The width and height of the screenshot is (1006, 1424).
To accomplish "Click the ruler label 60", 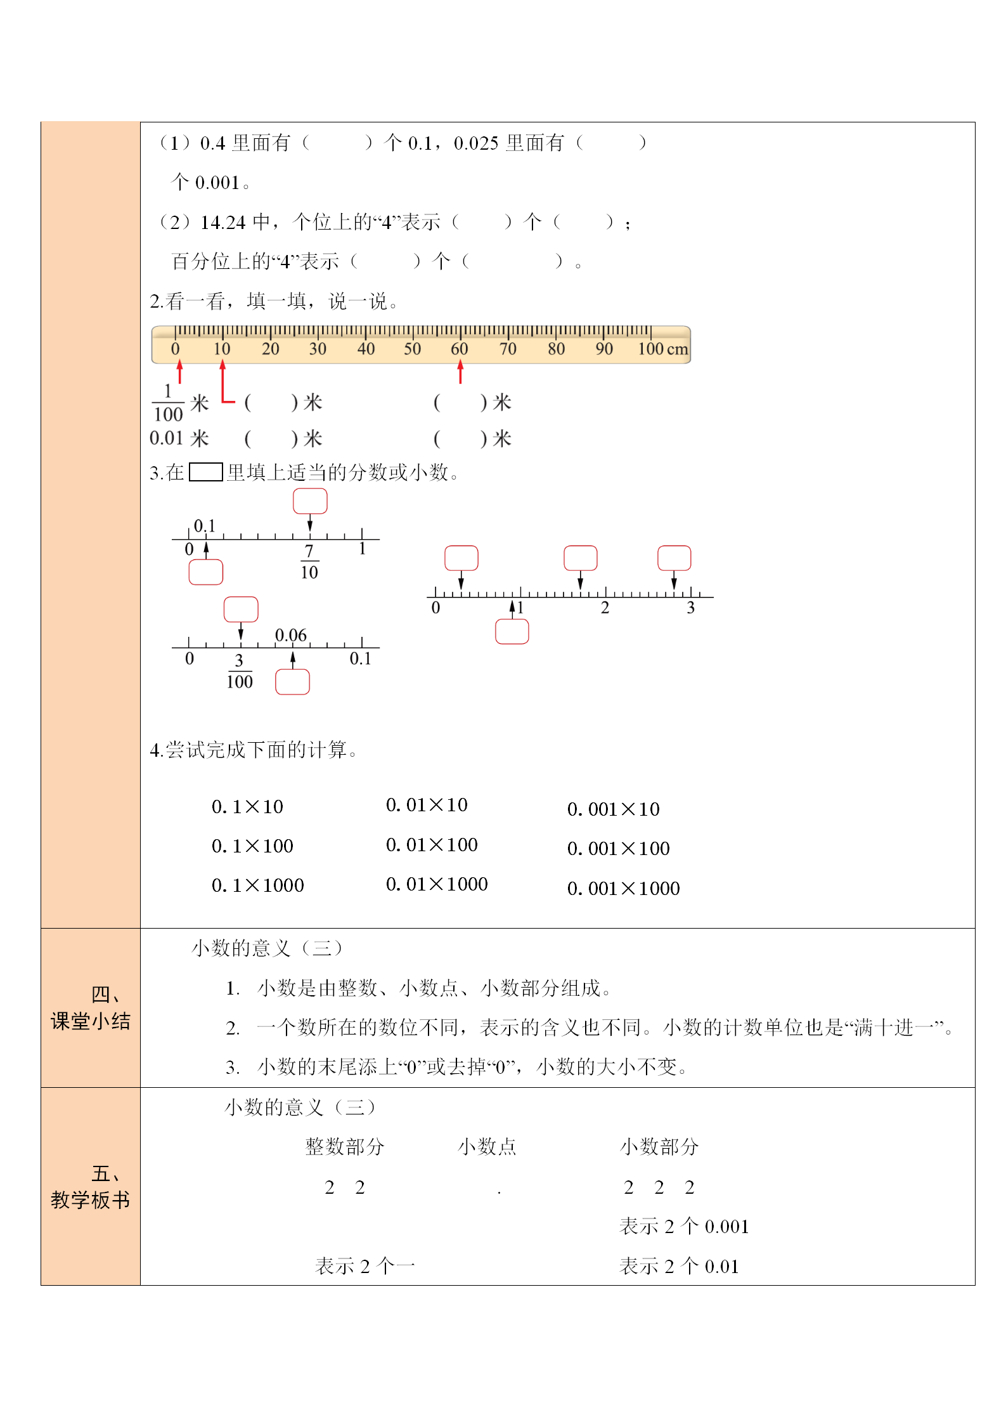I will pos(459,349).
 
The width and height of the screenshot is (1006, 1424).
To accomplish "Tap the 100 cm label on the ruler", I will pos(662,349).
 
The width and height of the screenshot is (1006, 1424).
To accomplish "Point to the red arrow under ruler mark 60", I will pos(460,372).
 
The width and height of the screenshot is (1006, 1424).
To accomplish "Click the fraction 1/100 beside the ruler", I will pos(168,403).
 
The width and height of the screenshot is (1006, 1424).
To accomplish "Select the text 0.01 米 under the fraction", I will pos(179,438).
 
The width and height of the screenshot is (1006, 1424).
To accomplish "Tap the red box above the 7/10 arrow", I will pos(310,501).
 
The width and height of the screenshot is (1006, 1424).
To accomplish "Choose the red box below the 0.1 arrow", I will pos(206,572).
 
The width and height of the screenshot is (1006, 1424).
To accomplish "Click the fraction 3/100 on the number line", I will pos(240,671).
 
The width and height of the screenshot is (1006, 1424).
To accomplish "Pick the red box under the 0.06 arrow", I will pos(292,682).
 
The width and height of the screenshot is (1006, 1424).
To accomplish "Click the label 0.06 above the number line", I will pos(290,635).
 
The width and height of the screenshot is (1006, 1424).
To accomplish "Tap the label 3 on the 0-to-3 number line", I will pos(691,608).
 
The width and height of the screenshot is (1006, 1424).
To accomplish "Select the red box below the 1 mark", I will pos(512,632).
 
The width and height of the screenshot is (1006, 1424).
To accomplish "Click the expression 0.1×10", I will pos(247,807).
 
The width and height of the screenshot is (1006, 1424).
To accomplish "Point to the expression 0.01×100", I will pos(432,845).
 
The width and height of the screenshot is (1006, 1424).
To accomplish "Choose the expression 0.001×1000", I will pos(623,889).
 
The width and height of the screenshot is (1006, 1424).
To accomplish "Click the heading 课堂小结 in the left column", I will pos(91,1021).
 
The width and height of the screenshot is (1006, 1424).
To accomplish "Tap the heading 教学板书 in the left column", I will pos(91,1200).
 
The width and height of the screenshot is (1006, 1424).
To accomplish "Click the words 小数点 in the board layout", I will pos(487,1147).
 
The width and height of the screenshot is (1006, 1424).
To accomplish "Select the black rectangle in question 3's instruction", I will pos(206,473).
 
